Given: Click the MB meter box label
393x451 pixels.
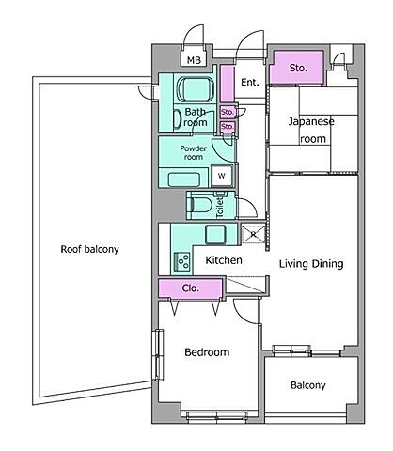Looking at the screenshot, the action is pyautogui.click(x=194, y=60).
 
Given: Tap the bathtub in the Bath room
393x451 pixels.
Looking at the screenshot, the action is pyautogui.click(x=196, y=89).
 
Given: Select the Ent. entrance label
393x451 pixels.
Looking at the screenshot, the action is pyautogui.click(x=250, y=83).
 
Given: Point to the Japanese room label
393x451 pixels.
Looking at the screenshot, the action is pyautogui.click(x=311, y=130).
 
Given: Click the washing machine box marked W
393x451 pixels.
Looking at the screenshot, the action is pyautogui.click(x=222, y=176).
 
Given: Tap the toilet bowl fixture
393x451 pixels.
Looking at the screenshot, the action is pyautogui.click(x=199, y=205).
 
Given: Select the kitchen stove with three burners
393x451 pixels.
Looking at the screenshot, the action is pyautogui.click(x=182, y=261).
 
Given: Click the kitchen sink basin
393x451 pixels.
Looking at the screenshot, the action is pyautogui.click(x=215, y=235).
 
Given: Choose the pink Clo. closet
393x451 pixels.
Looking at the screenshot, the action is pyautogui.click(x=191, y=288).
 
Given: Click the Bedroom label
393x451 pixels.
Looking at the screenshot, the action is pyautogui.click(x=207, y=352).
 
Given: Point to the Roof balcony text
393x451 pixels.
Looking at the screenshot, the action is pyautogui.click(x=89, y=249).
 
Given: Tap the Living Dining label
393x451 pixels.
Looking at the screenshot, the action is pyautogui.click(x=311, y=264).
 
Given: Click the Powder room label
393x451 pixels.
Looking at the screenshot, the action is pyautogui.click(x=194, y=152).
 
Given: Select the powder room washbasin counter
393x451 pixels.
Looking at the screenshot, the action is pyautogui.click(x=184, y=179).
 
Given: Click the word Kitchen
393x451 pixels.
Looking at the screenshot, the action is pyautogui.click(x=224, y=260).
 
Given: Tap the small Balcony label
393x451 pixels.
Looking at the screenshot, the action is pyautogui.click(x=308, y=385).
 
